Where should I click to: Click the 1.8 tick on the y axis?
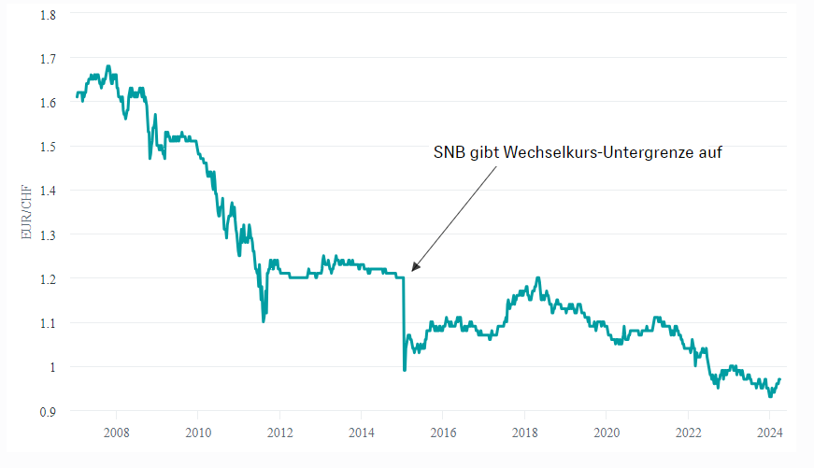tap(48, 14)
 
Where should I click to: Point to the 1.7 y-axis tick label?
tap(48, 58)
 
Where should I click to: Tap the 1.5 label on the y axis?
tap(48, 147)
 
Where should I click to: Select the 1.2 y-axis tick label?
tap(48, 278)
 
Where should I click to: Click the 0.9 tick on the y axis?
tap(48, 411)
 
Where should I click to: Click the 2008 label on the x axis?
tap(116, 433)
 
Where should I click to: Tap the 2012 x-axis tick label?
tap(279, 433)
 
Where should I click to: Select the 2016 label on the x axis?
tap(443, 433)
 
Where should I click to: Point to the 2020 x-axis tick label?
tap(606, 433)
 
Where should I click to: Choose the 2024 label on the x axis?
tap(769, 433)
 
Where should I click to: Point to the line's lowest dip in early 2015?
tap(404, 370)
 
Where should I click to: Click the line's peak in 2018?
tap(537, 277)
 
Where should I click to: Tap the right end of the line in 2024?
tap(779, 379)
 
